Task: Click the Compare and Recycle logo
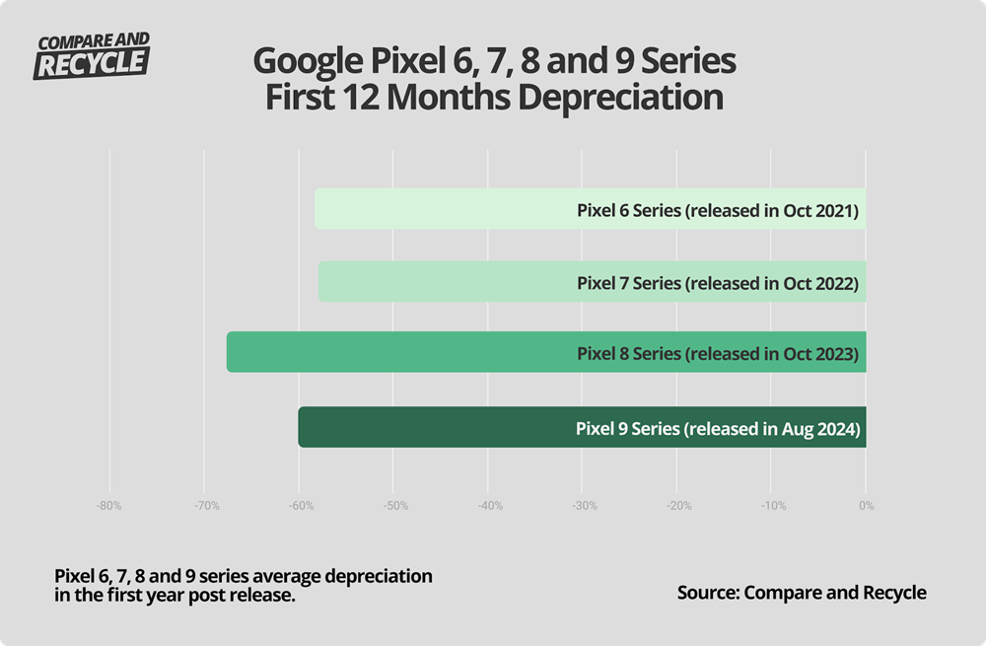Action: point(93,55)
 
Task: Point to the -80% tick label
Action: point(108,506)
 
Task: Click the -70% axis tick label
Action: point(203,506)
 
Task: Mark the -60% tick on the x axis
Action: point(299,506)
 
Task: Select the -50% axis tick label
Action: point(393,506)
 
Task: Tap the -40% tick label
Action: point(489,506)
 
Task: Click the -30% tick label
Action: point(584,506)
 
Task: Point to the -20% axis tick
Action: point(678,506)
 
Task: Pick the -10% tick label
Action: point(773,506)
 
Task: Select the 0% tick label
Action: point(866,506)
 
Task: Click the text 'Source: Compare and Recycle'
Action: point(802,592)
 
